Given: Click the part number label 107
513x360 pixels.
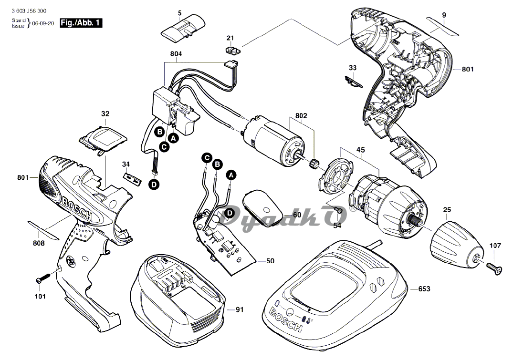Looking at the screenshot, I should pyautogui.click(x=496, y=246).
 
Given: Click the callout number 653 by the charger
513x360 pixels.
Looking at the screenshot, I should pyautogui.click(x=424, y=289).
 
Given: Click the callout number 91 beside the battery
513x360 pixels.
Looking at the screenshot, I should pyautogui.click(x=239, y=309).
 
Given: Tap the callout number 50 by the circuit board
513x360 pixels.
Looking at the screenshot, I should pyautogui.click(x=270, y=261).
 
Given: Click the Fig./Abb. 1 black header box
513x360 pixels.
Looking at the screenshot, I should pyautogui.click(x=81, y=22).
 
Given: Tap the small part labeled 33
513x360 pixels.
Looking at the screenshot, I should pyautogui.click(x=354, y=82).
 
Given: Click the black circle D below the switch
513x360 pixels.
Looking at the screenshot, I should pyautogui.click(x=154, y=185).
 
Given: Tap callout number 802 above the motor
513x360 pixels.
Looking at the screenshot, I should pyautogui.click(x=301, y=116).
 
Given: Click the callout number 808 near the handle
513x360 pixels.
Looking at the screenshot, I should pyautogui.click(x=39, y=243).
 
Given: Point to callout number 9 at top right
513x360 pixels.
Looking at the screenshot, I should pyautogui.click(x=444, y=15).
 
